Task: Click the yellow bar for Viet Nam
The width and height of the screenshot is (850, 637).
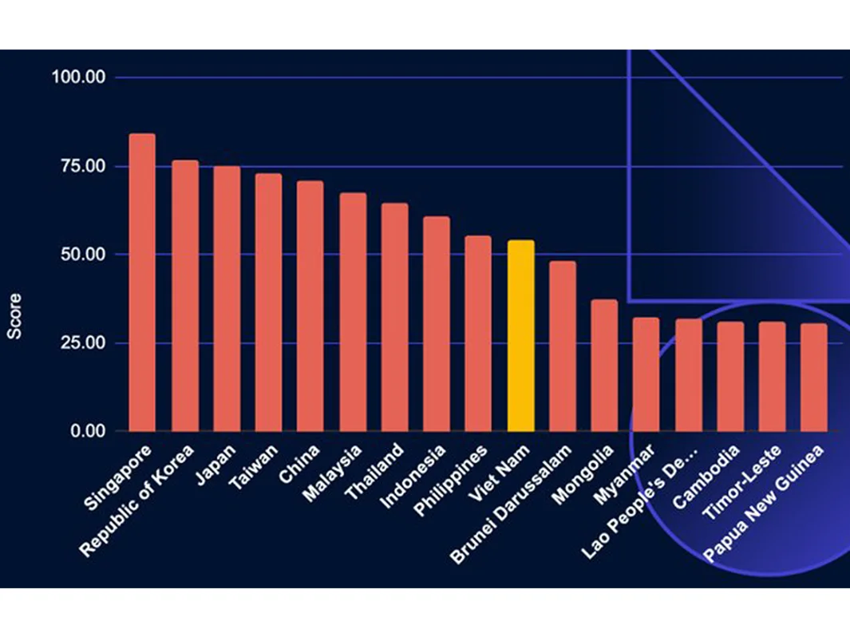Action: click(x=520, y=335)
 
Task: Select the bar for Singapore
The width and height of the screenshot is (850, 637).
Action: click(x=142, y=283)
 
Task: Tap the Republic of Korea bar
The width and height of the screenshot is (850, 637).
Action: click(x=185, y=295)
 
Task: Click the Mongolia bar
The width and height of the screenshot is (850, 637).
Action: click(x=604, y=365)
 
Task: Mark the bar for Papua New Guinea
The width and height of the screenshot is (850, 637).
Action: click(x=813, y=377)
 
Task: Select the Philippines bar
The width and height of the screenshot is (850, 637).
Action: click(x=478, y=333)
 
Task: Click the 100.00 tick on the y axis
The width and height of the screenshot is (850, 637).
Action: click(x=78, y=77)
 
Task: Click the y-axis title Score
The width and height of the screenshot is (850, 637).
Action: click(x=14, y=316)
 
